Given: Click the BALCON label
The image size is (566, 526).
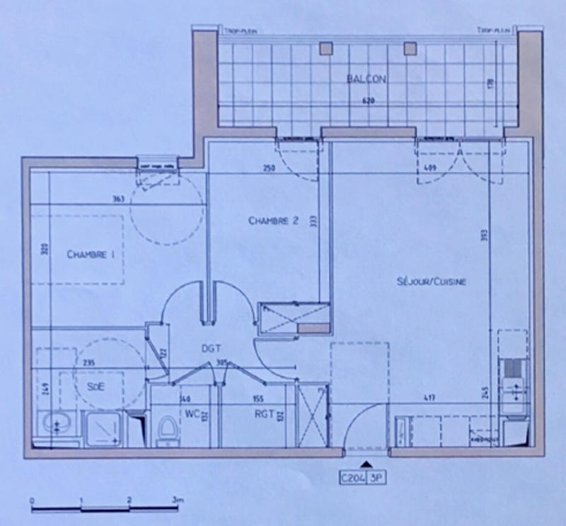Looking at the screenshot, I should tap(366, 79).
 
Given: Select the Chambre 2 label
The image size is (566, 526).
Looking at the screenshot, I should tap(273, 221).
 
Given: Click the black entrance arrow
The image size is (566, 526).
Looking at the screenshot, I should tap(366, 464).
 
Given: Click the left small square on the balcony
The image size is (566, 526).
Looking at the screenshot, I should tap(325, 49).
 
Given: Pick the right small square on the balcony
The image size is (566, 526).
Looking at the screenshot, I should tap(408, 49).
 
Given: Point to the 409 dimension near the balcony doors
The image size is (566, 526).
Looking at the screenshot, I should tap(431, 169).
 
